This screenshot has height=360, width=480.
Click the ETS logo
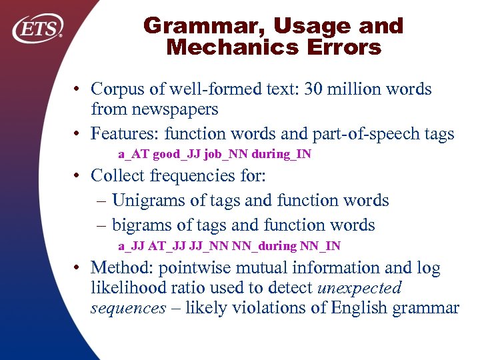click(38, 29)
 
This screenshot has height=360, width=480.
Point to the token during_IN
click(286, 155)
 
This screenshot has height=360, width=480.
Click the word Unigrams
click(150, 200)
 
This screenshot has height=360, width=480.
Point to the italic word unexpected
click(360, 288)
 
